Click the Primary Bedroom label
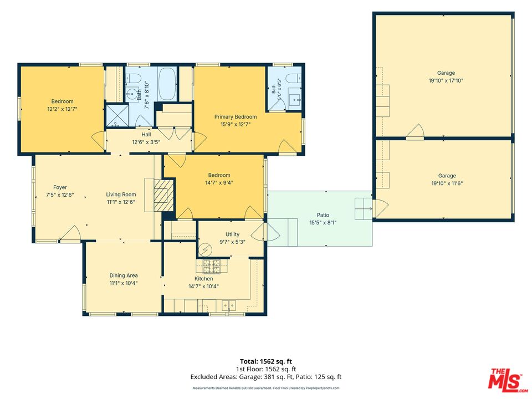[236, 117]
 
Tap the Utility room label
[232, 234]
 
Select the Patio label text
[323, 215]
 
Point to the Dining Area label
[124, 275]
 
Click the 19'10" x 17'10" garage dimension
[446, 81]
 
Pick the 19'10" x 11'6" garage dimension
[447, 183]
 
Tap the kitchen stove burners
[212, 267]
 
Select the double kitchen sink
[229, 306]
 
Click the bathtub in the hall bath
[167, 84]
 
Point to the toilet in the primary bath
[294, 78]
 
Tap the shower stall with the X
[117, 116]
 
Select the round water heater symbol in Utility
[205, 250]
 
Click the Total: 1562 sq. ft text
[266, 361]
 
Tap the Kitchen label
[203, 279]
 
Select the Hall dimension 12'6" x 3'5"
[146, 142]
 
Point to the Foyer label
[60, 187]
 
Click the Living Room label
[121, 195]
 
